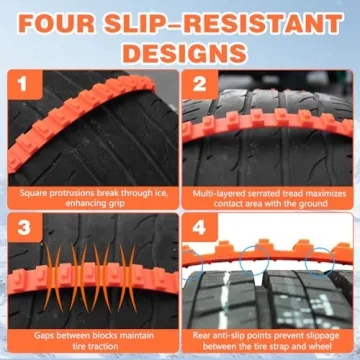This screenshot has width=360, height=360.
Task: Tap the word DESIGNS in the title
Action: pos(180,51)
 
